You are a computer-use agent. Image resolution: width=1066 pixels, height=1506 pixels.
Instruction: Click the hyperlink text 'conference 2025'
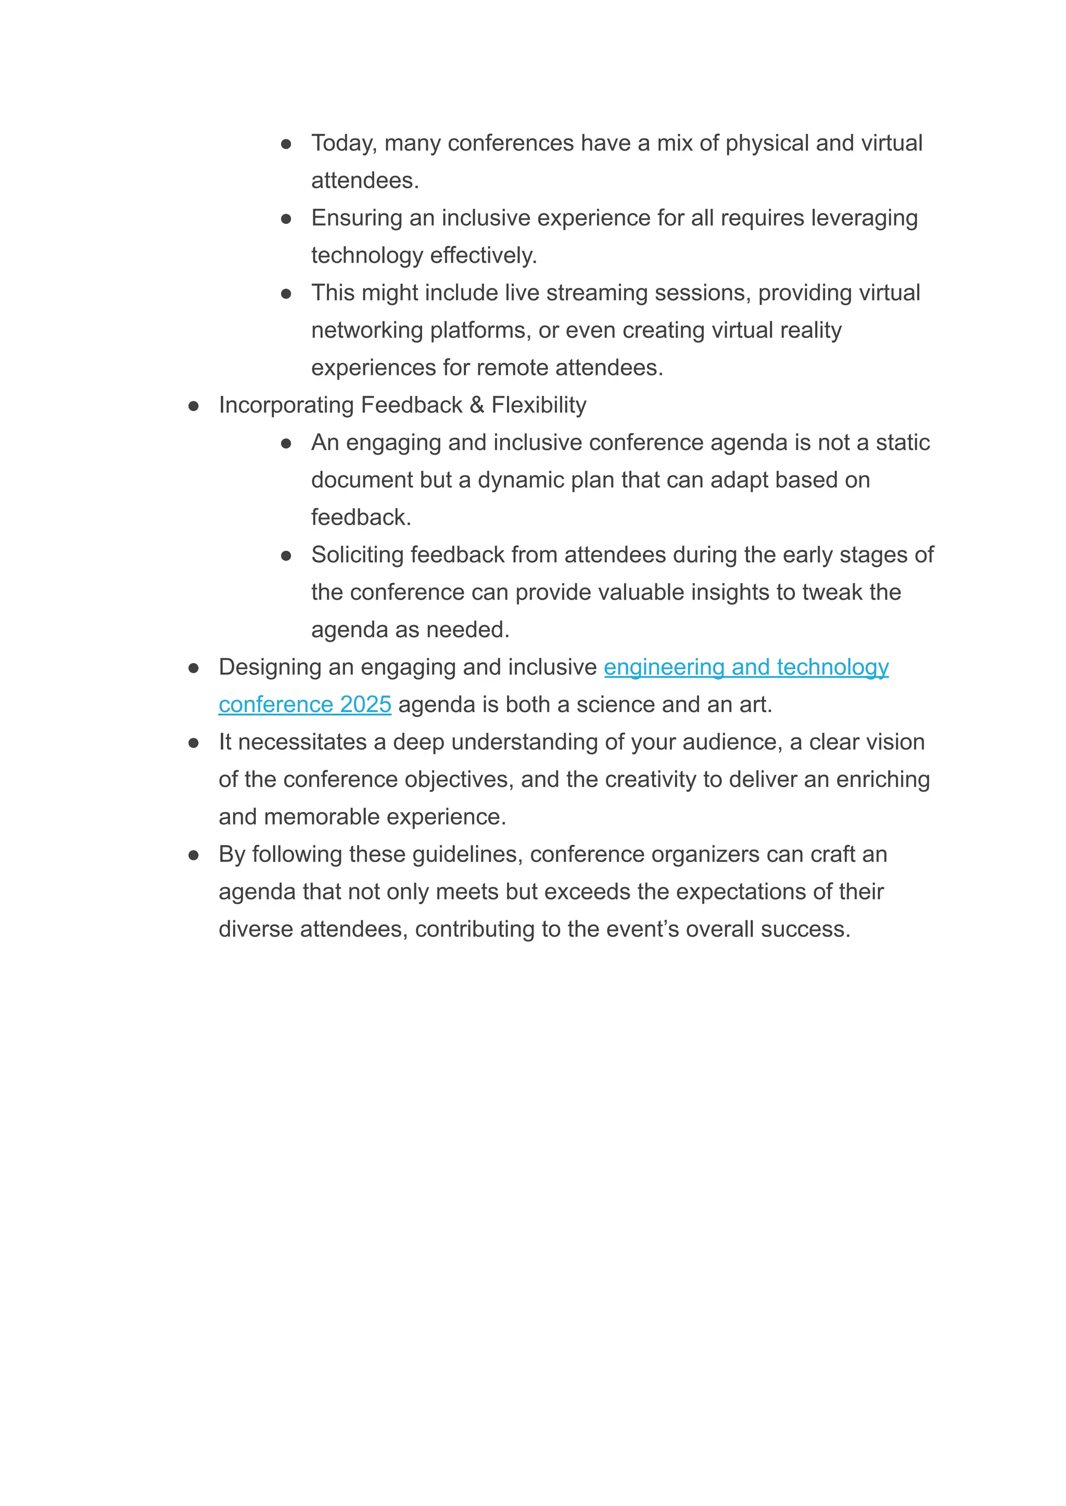[304, 704]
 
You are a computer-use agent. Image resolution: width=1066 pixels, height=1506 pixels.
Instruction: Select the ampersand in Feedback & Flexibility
[477, 405]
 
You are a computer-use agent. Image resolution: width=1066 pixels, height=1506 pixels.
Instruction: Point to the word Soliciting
[357, 555]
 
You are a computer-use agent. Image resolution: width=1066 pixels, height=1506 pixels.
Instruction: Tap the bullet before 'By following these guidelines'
[194, 855]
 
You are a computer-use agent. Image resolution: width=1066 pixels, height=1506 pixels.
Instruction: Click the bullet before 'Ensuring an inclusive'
[286, 219]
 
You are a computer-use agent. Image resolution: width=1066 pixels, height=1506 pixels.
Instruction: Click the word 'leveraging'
[864, 218]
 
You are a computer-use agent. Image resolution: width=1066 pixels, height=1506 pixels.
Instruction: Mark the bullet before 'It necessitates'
[194, 743]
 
